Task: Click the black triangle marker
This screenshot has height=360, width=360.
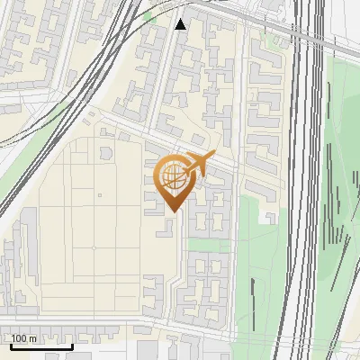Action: (181, 24)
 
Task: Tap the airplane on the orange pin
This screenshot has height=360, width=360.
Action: (199, 164)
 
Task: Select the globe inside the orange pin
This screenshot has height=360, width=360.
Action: (173, 175)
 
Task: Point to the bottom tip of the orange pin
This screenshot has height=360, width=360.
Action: (172, 211)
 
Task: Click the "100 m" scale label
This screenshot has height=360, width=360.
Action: (24, 338)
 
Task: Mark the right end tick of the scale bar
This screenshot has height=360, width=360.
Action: (72, 345)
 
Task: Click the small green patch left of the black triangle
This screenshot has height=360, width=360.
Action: (149, 17)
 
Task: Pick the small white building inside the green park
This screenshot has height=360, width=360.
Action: (268, 217)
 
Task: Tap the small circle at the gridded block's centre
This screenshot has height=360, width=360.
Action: (94, 247)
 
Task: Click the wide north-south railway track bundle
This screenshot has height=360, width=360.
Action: (306, 180)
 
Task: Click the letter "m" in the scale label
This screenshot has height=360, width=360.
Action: (32, 338)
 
